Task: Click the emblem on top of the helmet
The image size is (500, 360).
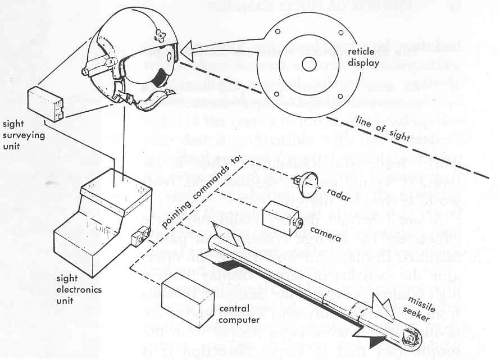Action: [161, 37]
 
